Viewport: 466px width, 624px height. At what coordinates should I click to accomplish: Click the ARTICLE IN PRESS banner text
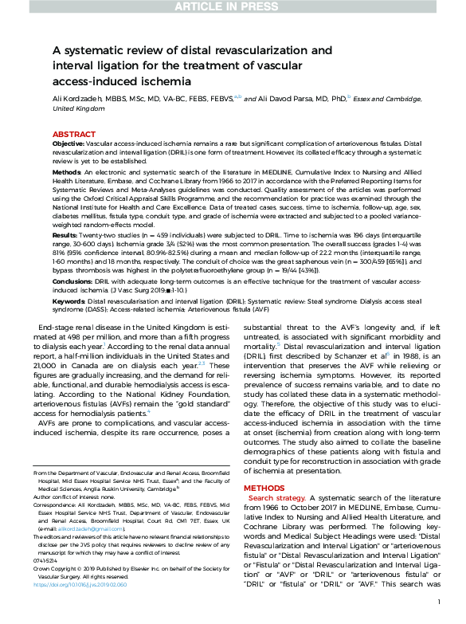coord(233,8)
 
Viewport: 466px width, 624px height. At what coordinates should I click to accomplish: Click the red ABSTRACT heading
coord(75,135)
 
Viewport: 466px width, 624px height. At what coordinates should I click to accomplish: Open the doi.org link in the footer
coord(80,606)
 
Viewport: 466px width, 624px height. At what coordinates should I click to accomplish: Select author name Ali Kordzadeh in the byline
coord(84,100)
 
